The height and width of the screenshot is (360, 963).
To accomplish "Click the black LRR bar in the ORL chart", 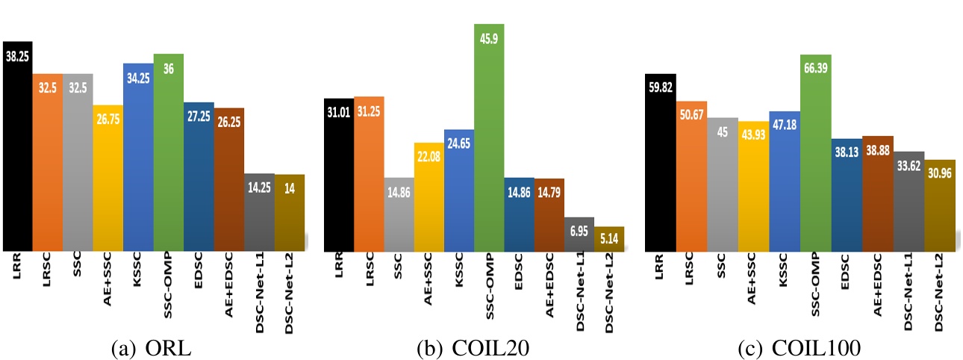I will tap(16, 149).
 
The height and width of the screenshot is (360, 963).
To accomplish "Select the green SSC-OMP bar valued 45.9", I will tap(489, 142).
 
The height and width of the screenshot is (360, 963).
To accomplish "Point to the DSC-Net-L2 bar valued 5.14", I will tap(609, 240).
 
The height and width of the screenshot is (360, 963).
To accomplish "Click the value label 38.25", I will tap(16, 56).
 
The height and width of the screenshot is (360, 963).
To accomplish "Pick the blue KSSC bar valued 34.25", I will tap(138, 161).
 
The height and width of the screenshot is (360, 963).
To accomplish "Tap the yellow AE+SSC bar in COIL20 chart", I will tap(428, 198).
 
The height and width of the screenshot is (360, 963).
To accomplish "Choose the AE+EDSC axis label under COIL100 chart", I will tap(878, 284).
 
